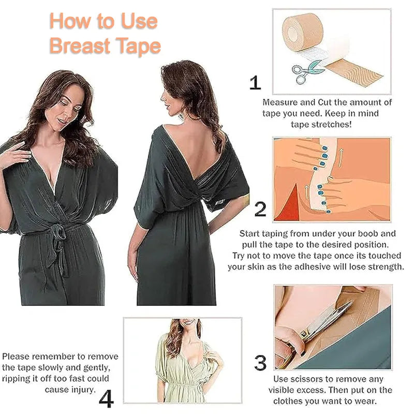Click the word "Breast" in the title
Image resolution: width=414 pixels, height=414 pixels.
click(x=78, y=46)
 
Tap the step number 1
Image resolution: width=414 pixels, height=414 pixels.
click(x=255, y=83)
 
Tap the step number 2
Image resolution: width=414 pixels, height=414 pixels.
click(x=260, y=209)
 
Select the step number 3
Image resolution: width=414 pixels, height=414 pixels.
click(x=260, y=363)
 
